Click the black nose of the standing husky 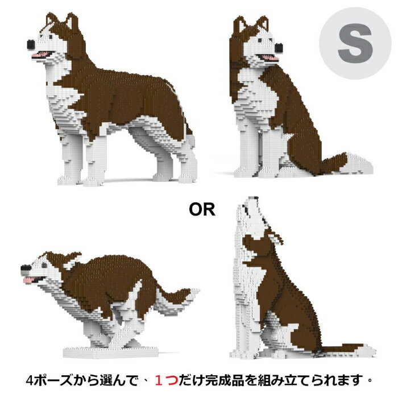tap(30, 43)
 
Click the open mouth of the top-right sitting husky tap(268, 57)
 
